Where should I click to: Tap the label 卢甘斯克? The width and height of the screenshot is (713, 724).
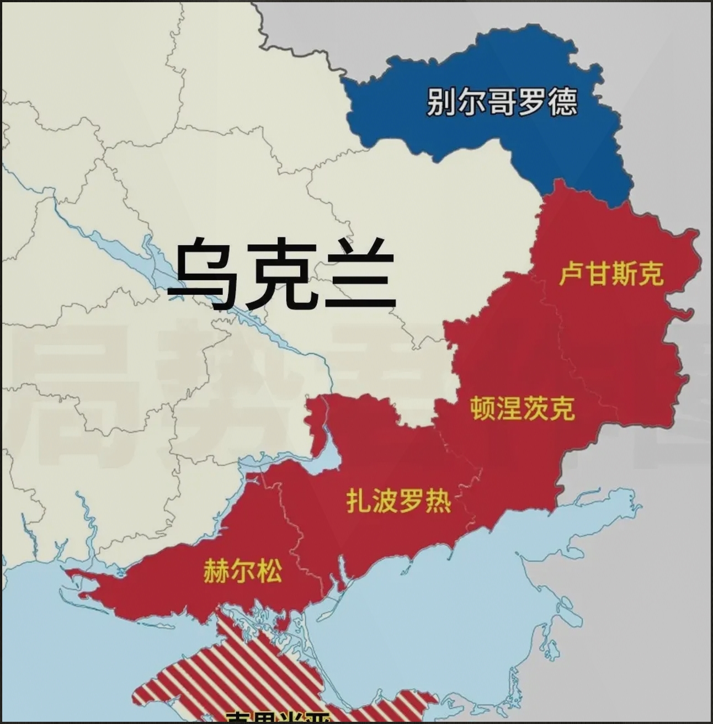click(x=611, y=273)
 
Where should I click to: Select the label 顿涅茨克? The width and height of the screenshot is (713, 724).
click(x=523, y=408)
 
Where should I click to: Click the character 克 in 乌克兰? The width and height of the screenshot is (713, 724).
click(x=281, y=272)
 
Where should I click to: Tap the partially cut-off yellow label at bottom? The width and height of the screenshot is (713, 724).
click(x=279, y=717)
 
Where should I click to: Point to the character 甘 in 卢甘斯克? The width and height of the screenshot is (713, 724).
click(x=598, y=273)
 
